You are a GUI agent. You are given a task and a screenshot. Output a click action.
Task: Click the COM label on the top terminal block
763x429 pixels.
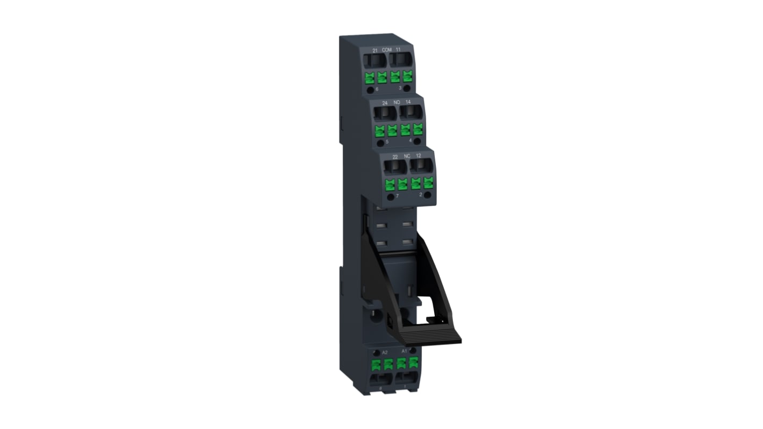pos(386,49)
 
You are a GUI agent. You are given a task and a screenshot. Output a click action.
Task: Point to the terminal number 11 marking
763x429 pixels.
pos(398,49)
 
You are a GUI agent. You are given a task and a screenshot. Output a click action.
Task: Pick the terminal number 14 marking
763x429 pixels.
pos(408,102)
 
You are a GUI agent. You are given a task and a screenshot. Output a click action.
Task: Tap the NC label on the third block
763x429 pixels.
pos(407,156)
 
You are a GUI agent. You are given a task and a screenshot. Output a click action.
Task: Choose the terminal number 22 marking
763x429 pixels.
pos(395,156)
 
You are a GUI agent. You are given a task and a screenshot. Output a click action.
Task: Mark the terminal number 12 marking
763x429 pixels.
pos(419,155)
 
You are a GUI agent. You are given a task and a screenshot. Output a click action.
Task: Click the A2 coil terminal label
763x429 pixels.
pos(370,352)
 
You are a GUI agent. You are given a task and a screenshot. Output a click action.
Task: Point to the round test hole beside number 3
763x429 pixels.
pos(407,88)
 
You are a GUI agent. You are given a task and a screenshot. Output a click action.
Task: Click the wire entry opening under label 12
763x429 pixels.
pos(420,167)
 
